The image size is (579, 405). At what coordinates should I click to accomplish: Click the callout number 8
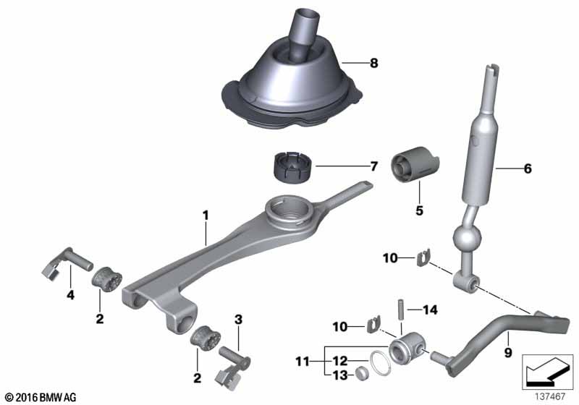373,64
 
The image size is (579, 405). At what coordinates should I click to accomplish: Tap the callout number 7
373,166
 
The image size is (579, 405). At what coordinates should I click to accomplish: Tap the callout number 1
206,215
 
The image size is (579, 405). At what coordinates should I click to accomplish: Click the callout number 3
238,318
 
